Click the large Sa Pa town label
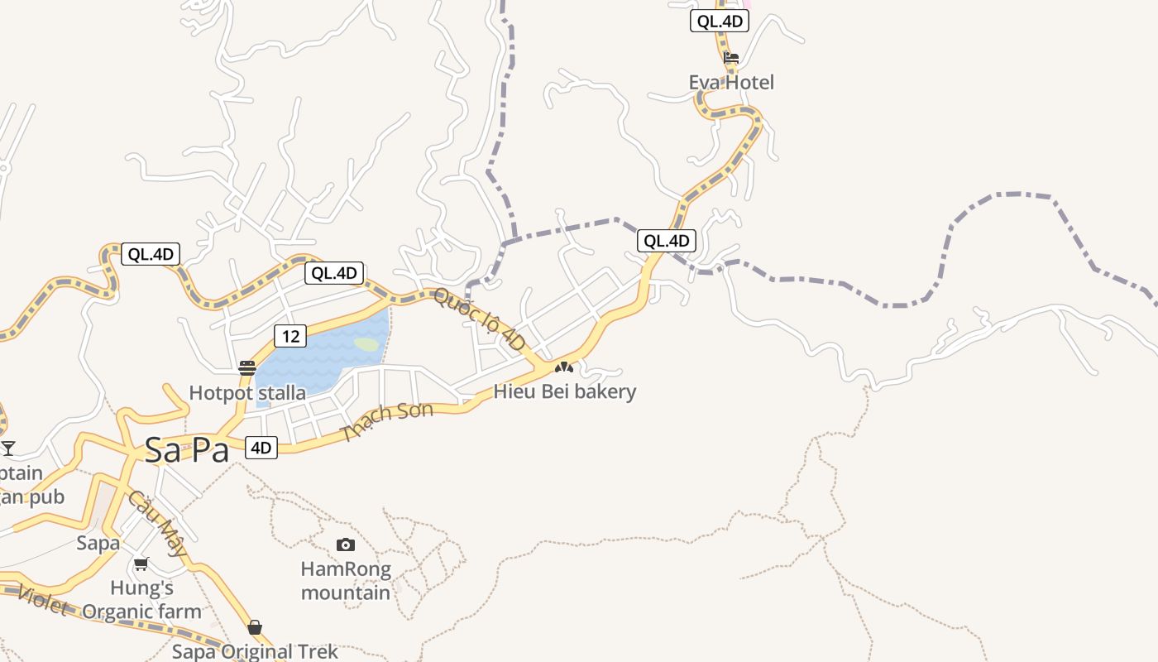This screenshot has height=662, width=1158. pyautogui.click(x=186, y=449)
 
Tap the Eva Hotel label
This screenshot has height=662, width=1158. pyautogui.click(x=731, y=82)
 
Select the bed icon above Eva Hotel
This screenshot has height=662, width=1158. pyautogui.click(x=731, y=58)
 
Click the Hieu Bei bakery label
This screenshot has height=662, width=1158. pyautogui.click(x=565, y=391)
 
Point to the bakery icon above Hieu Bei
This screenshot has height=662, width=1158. pyautogui.click(x=564, y=367)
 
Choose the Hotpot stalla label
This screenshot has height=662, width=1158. pyautogui.click(x=247, y=392)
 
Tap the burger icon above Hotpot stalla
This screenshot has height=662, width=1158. pyautogui.click(x=246, y=367)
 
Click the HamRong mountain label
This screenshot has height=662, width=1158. pyautogui.click(x=346, y=581)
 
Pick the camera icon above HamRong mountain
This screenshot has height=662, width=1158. pyautogui.click(x=346, y=544)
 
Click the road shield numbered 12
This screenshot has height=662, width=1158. pyautogui.click(x=289, y=336)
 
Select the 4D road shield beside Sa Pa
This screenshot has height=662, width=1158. pyautogui.click(x=261, y=448)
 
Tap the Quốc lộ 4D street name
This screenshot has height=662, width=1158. pyautogui.click(x=479, y=319)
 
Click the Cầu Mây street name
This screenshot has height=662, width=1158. pyautogui.click(x=157, y=524)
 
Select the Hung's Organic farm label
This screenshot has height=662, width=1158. pyautogui.click(x=142, y=600)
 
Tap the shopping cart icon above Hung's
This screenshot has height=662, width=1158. pyautogui.click(x=141, y=564)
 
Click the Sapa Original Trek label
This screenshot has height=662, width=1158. pyautogui.click(x=255, y=651)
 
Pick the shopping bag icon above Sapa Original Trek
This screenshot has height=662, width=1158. pyautogui.click(x=255, y=627)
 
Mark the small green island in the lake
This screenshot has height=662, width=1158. pyautogui.click(x=366, y=343)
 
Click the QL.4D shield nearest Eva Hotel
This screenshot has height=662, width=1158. pyautogui.click(x=719, y=22)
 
